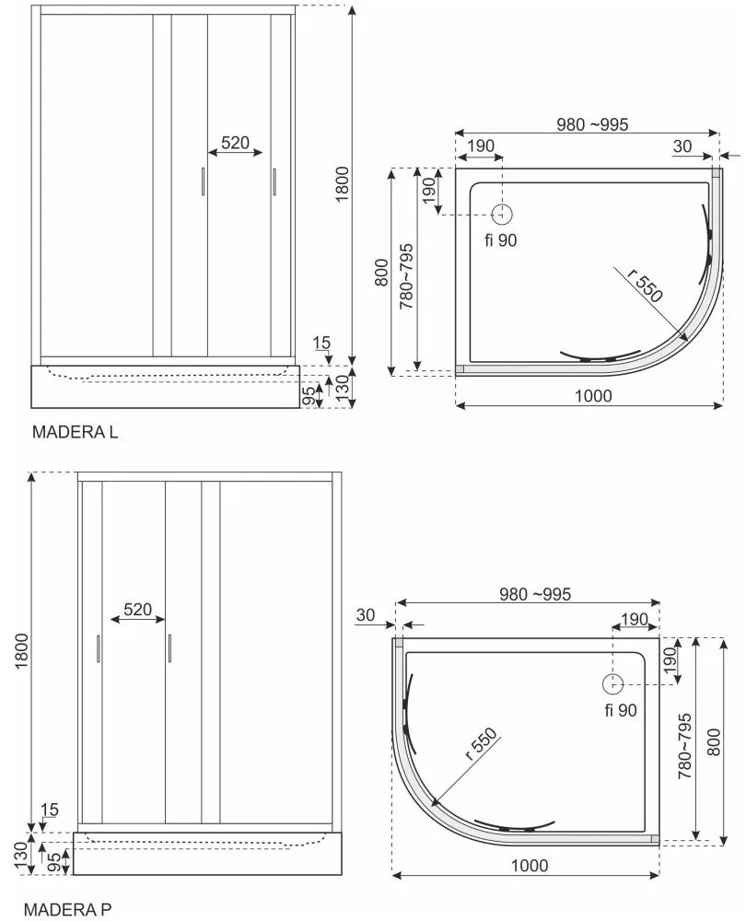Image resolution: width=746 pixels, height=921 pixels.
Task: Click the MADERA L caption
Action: coord(76,431)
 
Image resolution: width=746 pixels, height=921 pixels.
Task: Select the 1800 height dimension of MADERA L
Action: coord(342,185)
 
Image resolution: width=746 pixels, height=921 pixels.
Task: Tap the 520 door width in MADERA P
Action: coord(137,610)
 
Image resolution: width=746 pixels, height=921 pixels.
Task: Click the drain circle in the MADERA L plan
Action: coord(502,215)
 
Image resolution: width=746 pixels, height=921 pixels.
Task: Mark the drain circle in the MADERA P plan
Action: coord(612,683)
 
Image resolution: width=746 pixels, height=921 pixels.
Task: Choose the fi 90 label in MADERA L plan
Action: coord(502,241)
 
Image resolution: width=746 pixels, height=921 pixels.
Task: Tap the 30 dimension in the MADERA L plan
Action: coord(682,145)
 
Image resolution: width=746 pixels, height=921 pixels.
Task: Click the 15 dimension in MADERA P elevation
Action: coord(49,810)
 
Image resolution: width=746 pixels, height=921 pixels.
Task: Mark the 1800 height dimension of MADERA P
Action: coord(22,654)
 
